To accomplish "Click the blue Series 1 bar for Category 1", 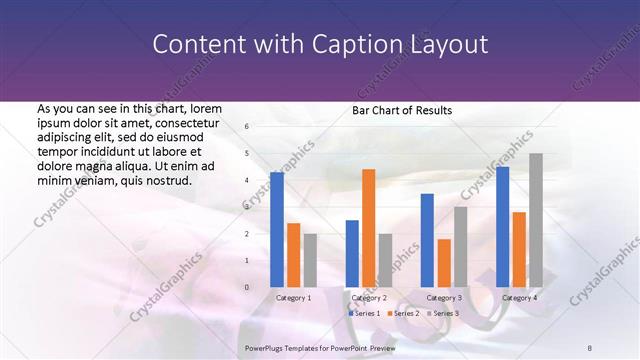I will (x=277, y=230).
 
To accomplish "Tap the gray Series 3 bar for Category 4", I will (x=536, y=220).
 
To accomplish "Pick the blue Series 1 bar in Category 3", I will (x=427, y=240).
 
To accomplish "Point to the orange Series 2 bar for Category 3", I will (x=444, y=263).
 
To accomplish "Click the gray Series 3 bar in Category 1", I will (x=310, y=260).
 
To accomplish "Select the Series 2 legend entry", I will (x=403, y=314).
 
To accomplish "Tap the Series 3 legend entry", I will (x=444, y=314).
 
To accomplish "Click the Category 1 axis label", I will (x=293, y=298).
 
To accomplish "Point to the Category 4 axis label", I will (x=519, y=298).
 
